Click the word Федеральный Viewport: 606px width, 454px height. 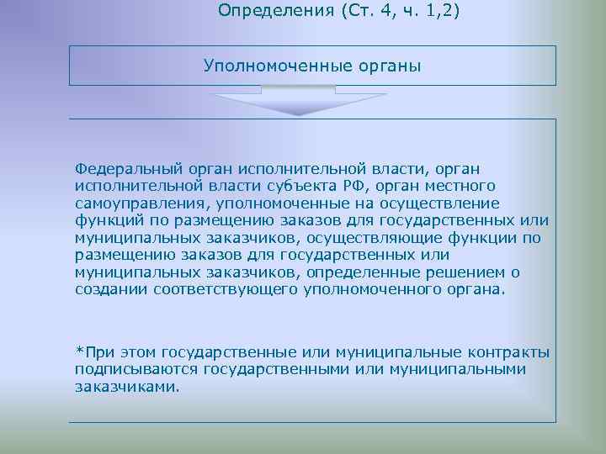124,169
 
